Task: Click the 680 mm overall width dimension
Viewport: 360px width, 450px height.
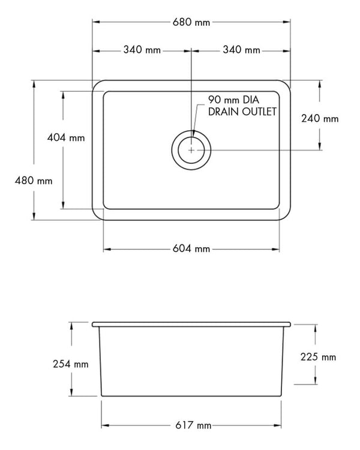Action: (191, 23)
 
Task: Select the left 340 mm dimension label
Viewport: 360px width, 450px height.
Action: (142, 50)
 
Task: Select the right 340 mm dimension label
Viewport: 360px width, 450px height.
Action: (241, 50)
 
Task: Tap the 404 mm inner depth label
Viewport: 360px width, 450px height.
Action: (65, 137)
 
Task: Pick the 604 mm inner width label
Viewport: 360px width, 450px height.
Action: (192, 248)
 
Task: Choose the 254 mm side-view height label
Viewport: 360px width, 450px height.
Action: (71, 364)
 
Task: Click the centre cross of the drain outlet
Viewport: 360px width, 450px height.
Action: (191, 150)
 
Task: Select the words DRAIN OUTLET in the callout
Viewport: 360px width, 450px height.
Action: (242, 112)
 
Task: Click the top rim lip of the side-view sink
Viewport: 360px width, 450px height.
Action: (192, 325)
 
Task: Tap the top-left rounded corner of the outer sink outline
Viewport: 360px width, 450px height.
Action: (97, 83)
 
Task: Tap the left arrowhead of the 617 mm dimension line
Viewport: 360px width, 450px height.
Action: (103, 425)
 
